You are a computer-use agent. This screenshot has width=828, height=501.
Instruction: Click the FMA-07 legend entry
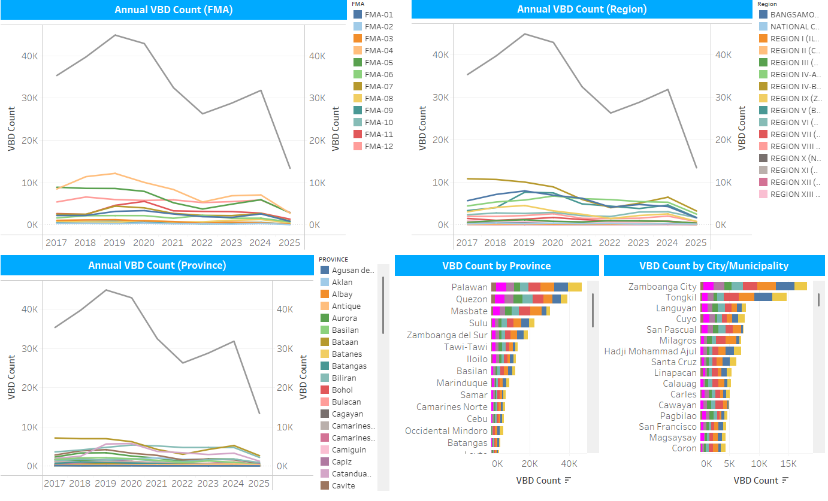click(x=379, y=86)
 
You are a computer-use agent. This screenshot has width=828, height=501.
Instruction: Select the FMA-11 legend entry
click(x=379, y=134)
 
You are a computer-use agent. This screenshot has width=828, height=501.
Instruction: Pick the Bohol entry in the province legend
click(x=342, y=390)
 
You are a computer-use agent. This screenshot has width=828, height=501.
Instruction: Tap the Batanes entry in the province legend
click(x=346, y=354)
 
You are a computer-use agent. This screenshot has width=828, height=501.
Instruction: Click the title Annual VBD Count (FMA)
click(x=174, y=10)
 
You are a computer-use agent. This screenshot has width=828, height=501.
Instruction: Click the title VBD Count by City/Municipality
click(x=714, y=266)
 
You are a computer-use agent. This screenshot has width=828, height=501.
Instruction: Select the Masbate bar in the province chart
click(x=520, y=311)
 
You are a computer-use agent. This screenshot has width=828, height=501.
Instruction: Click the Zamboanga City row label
click(x=662, y=287)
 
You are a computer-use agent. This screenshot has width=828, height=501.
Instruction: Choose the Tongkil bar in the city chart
click(x=743, y=297)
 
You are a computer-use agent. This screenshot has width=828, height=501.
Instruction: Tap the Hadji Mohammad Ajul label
click(x=650, y=351)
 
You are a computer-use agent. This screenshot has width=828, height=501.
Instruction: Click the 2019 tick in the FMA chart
click(x=114, y=242)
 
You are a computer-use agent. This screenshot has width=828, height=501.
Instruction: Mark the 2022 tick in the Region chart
click(x=609, y=242)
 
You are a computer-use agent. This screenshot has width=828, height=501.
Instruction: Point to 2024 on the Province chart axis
click(x=233, y=483)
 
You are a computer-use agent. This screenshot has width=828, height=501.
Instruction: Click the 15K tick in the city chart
click(x=788, y=464)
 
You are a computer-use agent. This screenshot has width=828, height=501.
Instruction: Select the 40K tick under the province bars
click(x=569, y=464)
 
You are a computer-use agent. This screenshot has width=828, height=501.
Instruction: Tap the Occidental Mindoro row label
click(x=446, y=431)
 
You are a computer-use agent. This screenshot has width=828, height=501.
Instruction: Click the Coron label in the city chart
click(x=684, y=448)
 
